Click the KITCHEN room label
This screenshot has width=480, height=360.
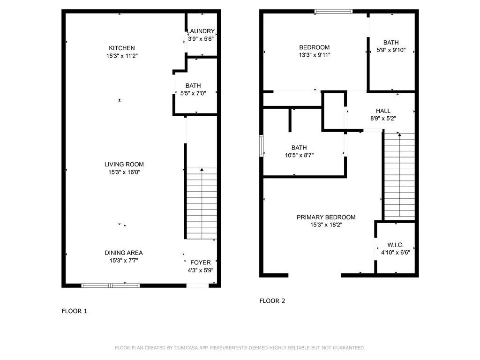[x=122, y=48]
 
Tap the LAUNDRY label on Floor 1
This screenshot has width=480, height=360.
[x=202, y=31]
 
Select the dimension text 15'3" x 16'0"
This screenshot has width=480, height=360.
[x=124, y=172]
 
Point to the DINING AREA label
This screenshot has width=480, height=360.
[x=124, y=253]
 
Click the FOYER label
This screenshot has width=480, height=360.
[x=201, y=262]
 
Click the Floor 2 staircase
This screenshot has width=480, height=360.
[x=399, y=176]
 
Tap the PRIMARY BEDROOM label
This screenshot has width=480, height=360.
[x=326, y=217]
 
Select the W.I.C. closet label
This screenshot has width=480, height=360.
[x=395, y=245]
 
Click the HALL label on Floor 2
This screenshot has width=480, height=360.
[x=383, y=111]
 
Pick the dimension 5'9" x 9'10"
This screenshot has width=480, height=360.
[x=391, y=50]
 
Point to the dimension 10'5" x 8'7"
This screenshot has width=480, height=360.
[x=299, y=155]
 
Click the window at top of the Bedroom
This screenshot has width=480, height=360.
[x=333, y=11]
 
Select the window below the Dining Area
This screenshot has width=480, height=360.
[x=111, y=285]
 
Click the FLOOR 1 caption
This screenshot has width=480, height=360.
[x=75, y=311]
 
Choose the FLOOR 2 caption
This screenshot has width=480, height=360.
[x=272, y=301]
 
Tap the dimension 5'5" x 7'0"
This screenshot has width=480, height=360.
[x=193, y=93]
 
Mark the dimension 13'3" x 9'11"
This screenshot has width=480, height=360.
[x=314, y=55]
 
